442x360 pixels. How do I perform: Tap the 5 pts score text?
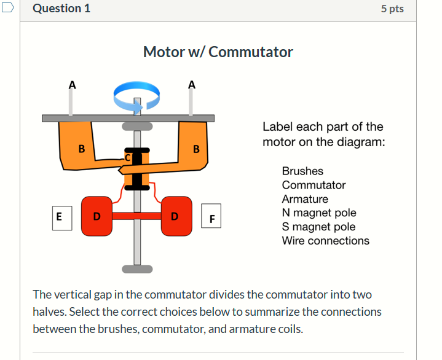click(392, 9)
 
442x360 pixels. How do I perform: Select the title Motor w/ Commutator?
click(218, 52)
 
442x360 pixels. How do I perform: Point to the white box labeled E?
click(59, 217)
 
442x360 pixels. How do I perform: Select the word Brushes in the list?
click(302, 171)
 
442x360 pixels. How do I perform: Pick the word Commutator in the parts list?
click(314, 185)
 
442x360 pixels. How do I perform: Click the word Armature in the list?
click(305, 199)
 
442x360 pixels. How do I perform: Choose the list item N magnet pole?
click(318, 213)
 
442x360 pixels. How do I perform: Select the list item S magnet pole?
click(318, 227)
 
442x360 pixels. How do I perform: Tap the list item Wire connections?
click(325, 241)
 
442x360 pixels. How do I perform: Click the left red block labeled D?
click(96, 216)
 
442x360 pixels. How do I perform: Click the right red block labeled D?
click(175, 216)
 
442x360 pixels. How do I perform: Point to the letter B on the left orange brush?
click(81, 148)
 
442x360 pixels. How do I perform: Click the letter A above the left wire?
click(72, 85)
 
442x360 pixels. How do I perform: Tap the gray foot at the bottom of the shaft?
click(137, 268)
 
